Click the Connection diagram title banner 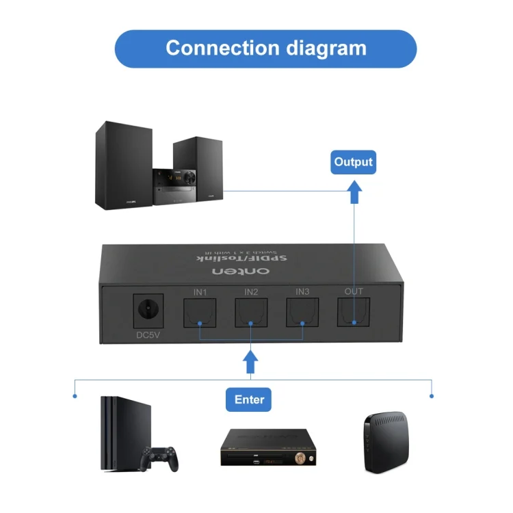[x=265, y=48]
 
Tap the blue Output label [x=353, y=163]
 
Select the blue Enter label [x=249, y=399]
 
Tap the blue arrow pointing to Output [x=354, y=192]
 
